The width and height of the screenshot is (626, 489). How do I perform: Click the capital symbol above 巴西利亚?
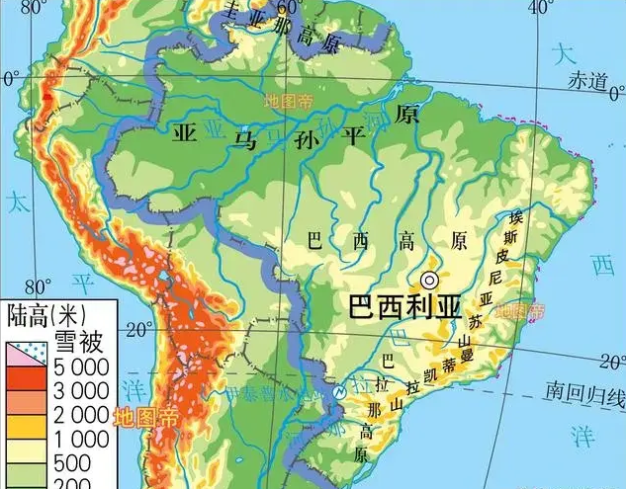pyautogui.click(x=428, y=280)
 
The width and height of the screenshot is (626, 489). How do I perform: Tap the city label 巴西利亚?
pyautogui.click(x=404, y=305)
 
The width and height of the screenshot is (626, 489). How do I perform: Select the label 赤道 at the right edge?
pyautogui.click(x=586, y=82)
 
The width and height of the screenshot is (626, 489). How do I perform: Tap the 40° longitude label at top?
pyautogui.click(x=540, y=8)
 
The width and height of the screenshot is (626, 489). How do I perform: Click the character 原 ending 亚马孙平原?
pyautogui.click(x=404, y=115)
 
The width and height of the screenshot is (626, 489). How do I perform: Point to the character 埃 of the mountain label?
pyautogui.click(x=514, y=216)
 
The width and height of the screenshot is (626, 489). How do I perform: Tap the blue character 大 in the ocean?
pyautogui.click(x=565, y=53)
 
